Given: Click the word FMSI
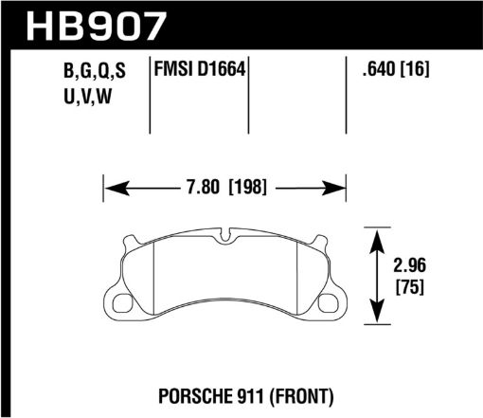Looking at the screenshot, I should (x=174, y=70).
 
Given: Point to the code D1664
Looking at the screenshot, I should (x=220, y=70).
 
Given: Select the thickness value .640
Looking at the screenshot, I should (x=378, y=70).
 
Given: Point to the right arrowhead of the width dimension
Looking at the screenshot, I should (x=343, y=187).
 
